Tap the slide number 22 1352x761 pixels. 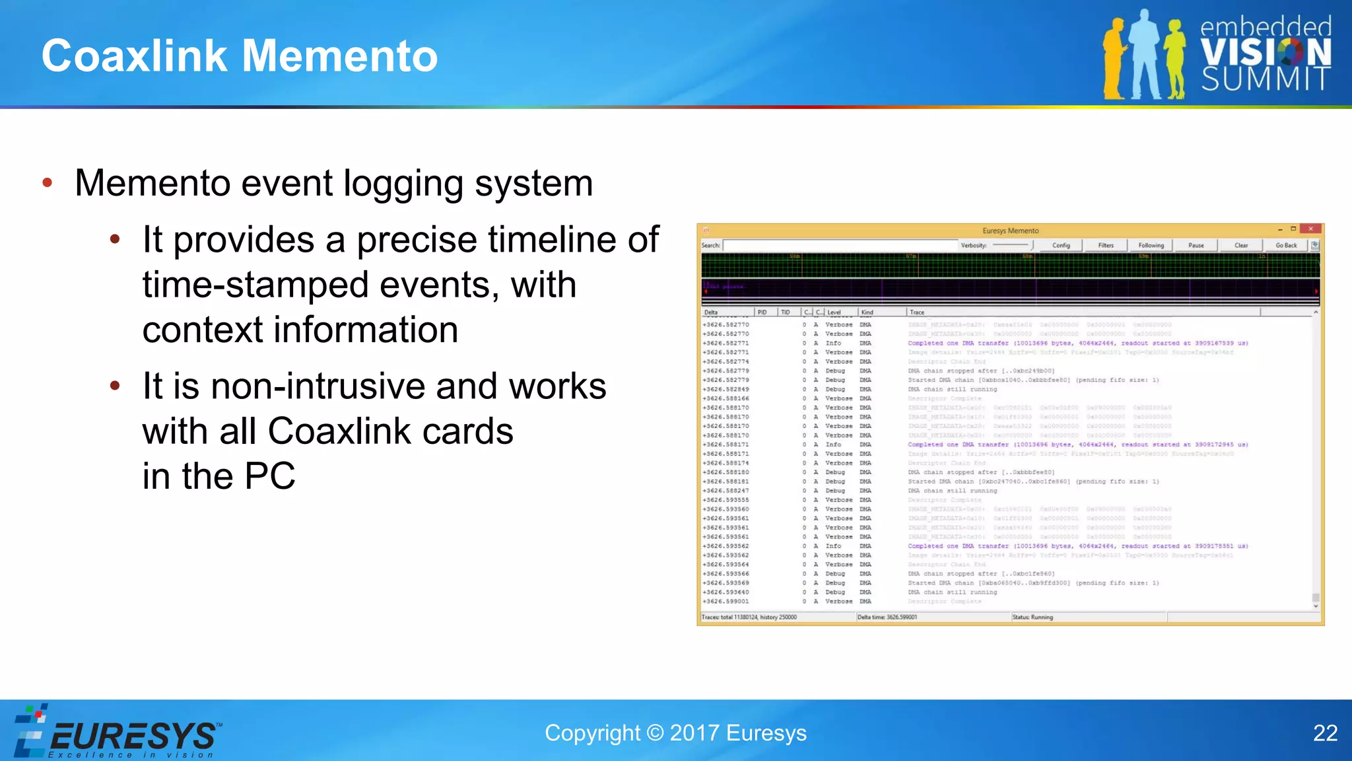(x=1325, y=733)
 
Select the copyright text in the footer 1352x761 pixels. (x=675, y=733)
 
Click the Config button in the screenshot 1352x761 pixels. (x=1061, y=245)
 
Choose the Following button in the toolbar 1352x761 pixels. (x=1151, y=245)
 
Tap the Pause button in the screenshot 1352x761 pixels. (x=1196, y=245)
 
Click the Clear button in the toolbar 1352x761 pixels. (x=1241, y=245)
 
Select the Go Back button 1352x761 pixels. (x=1285, y=245)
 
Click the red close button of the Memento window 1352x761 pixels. (x=1310, y=229)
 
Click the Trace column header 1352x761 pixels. (x=917, y=312)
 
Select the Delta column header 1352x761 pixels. (x=711, y=312)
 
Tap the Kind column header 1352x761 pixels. (x=867, y=312)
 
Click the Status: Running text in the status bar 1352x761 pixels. (x=1032, y=617)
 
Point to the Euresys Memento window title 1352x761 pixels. (x=1010, y=231)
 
